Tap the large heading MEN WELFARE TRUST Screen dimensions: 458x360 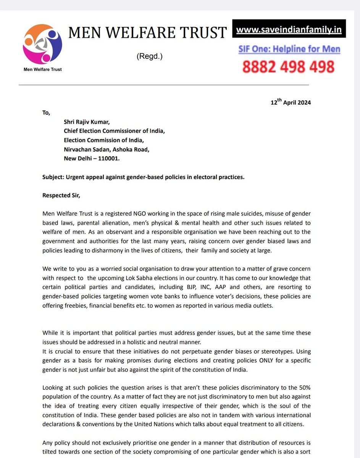click(x=147, y=33)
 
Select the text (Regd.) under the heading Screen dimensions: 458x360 click(x=149, y=56)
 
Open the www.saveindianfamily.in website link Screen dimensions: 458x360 click(x=289, y=29)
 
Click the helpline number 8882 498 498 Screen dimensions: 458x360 click(x=289, y=66)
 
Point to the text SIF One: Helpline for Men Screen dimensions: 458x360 click(x=289, y=49)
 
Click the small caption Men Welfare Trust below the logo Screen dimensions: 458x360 click(x=42, y=69)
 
